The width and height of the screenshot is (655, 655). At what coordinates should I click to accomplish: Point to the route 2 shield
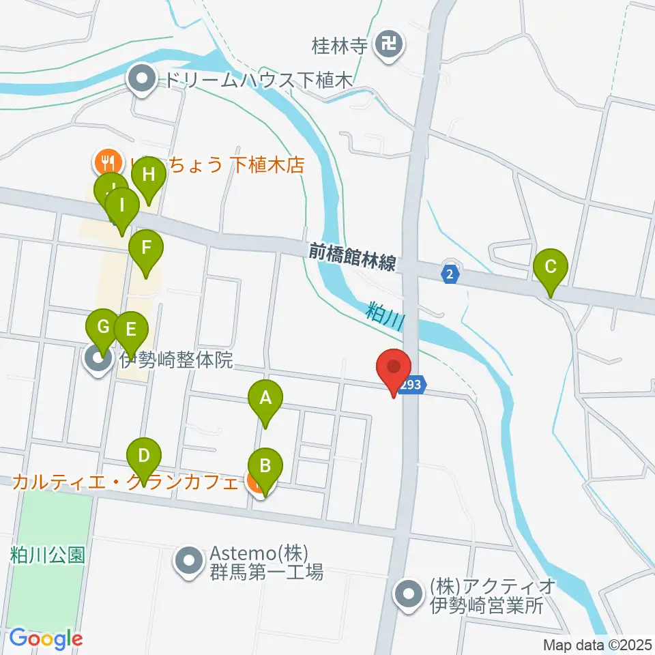coord(450,274)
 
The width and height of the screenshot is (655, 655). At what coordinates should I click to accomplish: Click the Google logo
coord(46,639)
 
